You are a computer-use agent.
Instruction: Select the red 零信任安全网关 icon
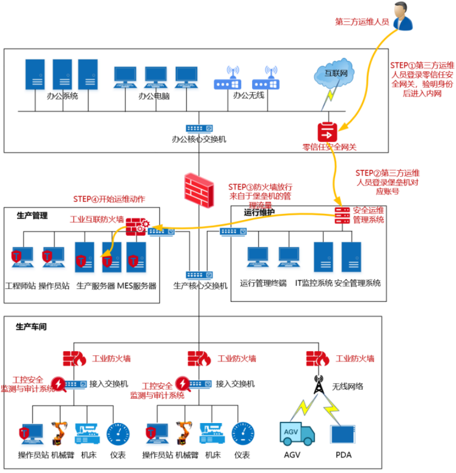point(327,132)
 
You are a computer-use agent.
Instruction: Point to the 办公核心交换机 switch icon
point(198,128)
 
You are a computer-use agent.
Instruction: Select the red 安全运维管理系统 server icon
point(342,215)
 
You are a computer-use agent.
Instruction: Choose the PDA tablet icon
point(343,433)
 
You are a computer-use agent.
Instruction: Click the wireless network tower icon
point(318,385)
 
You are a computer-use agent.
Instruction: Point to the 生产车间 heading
point(31,326)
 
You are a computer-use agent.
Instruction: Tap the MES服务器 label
point(137,285)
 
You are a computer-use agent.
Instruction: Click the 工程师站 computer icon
point(23,257)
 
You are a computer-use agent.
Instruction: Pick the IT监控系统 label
point(314,283)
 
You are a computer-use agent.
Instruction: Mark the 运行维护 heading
point(259,212)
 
